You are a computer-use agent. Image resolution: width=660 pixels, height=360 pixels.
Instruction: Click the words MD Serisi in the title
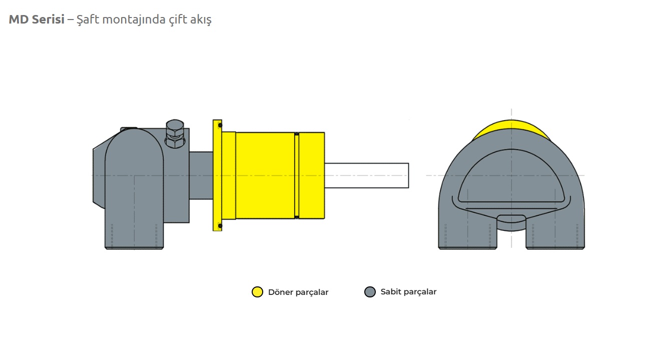pos(37,20)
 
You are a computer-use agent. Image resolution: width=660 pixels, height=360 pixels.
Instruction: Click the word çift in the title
pos(180,20)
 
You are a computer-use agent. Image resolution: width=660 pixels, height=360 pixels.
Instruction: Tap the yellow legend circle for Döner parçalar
pos(257,292)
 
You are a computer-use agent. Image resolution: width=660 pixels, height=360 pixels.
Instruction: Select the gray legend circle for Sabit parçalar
pos(370,292)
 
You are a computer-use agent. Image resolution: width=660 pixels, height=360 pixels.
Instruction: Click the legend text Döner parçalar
pos(298,292)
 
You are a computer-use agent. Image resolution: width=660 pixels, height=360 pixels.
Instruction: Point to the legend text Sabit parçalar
pos(408,291)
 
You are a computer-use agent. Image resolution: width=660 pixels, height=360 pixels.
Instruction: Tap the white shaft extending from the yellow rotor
pos(366,175)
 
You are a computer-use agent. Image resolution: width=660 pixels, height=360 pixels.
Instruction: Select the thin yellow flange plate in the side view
pos(217,175)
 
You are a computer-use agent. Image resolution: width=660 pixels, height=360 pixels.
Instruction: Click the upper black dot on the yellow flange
pos(220,125)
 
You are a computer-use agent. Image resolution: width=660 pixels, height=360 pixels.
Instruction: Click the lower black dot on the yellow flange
pos(220,226)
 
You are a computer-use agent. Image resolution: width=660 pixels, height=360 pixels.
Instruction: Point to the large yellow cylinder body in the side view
pos(265,175)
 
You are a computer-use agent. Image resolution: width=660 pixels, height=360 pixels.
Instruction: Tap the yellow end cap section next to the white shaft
pos(312,175)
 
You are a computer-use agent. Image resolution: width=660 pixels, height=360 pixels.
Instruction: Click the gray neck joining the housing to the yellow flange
pos(201,175)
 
